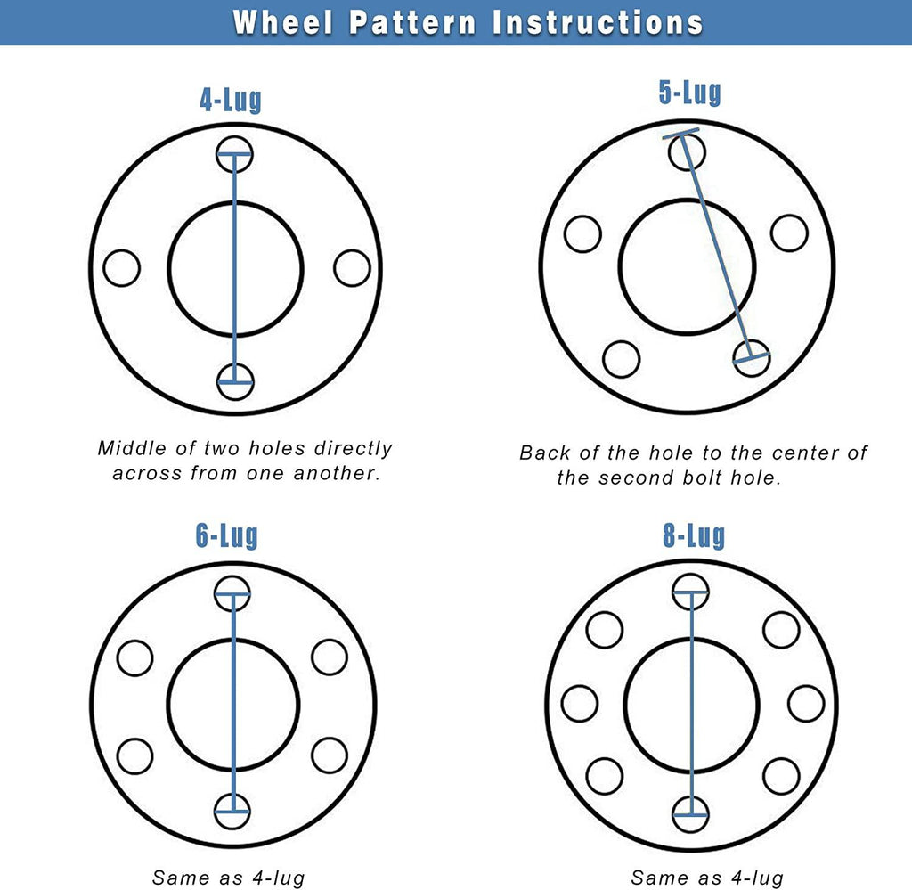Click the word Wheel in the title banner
coord(283,22)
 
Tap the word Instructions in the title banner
coord(598,22)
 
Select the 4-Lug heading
coord(231,100)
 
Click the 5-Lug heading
coord(690,93)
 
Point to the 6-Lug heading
coord(227,535)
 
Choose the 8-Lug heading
coord(694,535)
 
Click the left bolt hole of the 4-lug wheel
coord(121,268)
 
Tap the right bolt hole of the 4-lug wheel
coord(352,268)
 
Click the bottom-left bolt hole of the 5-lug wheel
coord(621,359)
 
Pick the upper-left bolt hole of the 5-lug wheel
coord(582,233)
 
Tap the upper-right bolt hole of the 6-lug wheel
coord(330,657)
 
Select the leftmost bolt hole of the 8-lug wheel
coord(579,703)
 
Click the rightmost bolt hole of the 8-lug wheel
coord(805,703)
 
